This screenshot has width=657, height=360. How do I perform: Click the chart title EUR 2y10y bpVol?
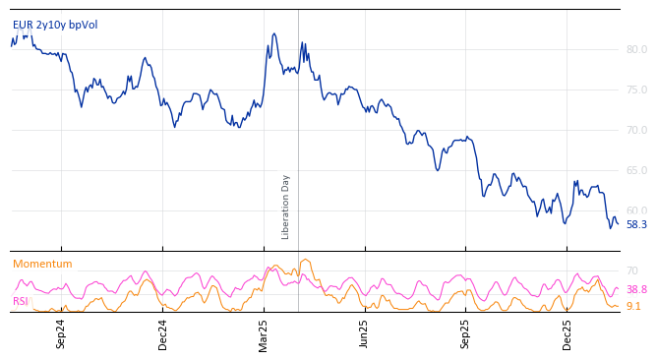[x=55, y=26]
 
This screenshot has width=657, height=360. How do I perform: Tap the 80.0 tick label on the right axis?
[x=636, y=49]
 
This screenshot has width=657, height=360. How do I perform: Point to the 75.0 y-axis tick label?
[x=636, y=90]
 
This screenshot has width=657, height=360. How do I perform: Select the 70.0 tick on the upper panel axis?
[x=636, y=130]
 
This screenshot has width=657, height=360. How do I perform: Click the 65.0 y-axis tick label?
[x=636, y=170]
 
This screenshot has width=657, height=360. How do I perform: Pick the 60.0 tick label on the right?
[x=636, y=210]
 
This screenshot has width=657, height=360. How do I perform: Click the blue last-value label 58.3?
[x=636, y=225]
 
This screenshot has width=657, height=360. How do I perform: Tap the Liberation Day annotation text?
[x=286, y=207]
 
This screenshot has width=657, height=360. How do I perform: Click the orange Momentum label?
[x=42, y=265]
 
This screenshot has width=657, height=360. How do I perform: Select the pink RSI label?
[x=21, y=301]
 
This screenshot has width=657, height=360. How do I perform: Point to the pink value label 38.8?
[x=636, y=290]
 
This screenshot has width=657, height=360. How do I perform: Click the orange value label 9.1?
[x=633, y=307]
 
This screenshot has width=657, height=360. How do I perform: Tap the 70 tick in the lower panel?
[x=632, y=270]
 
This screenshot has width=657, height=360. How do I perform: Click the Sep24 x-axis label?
[x=61, y=333]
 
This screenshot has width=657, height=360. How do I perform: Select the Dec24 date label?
[x=163, y=333]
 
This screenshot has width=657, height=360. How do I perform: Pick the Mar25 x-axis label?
[x=264, y=333]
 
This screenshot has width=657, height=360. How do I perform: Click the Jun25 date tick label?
[x=364, y=333]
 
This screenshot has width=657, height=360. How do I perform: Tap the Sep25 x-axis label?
[x=465, y=333]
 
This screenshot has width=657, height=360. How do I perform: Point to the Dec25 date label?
[x=567, y=333]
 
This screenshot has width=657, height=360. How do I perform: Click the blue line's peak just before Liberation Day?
[x=274, y=34]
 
